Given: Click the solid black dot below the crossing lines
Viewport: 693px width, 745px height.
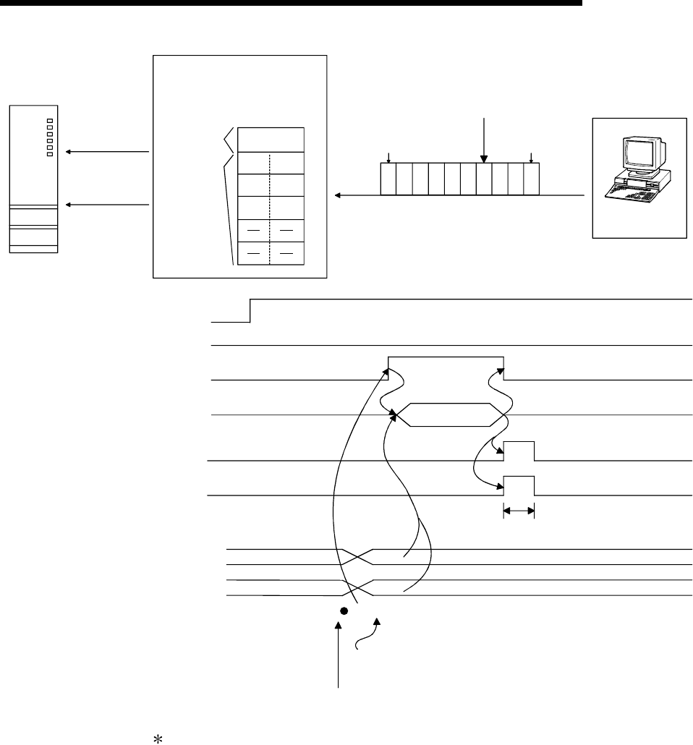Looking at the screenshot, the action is [x=344, y=611].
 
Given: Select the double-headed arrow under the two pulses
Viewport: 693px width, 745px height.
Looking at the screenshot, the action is [x=519, y=511].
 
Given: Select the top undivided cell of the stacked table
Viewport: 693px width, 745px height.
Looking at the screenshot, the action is [x=270, y=140].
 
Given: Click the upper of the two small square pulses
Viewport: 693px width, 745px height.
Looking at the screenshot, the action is [x=519, y=450].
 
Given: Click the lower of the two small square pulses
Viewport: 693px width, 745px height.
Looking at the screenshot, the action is [x=519, y=485].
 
